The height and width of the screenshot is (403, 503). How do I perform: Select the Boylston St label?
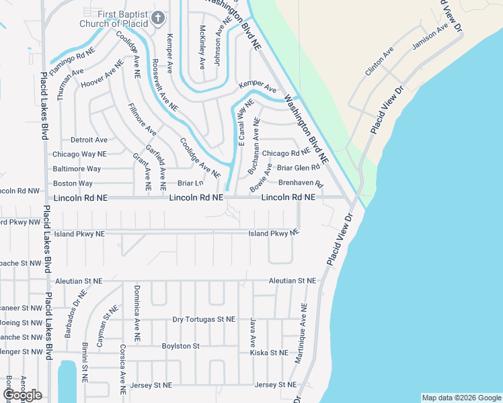(181, 346)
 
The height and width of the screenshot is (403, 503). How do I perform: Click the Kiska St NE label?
(269, 353)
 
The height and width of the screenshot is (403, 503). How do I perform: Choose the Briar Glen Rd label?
(299, 168)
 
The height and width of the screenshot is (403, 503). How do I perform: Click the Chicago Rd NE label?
(285, 154)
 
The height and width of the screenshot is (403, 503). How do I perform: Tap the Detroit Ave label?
(89, 140)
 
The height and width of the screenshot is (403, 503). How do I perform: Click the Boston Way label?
(73, 183)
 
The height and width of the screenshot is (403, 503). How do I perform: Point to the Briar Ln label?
(190, 183)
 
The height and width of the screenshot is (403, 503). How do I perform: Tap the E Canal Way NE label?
(245, 123)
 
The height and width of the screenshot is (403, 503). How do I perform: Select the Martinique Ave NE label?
(300, 333)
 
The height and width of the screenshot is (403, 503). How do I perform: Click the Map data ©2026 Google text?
(461, 398)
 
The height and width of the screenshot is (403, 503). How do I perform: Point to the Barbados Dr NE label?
(75, 308)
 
